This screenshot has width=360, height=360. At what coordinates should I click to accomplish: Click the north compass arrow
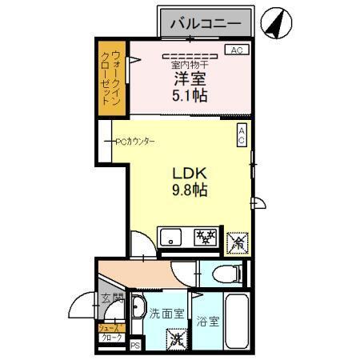click(x=277, y=22)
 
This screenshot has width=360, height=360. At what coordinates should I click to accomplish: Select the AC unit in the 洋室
click(x=235, y=50)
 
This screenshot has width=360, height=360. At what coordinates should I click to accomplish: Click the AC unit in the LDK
click(x=242, y=136)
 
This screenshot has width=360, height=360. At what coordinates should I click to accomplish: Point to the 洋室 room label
click(x=190, y=79)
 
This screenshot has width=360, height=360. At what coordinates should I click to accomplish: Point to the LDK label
click(x=190, y=173)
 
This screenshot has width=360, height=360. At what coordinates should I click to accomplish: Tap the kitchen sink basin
click(x=173, y=237)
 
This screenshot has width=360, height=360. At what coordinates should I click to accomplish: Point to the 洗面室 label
click(x=168, y=314)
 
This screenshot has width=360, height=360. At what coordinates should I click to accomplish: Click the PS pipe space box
click(x=135, y=346)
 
